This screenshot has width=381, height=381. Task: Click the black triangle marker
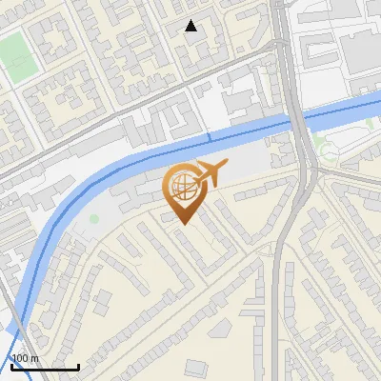[190, 26]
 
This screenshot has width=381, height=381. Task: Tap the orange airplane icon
[209, 173]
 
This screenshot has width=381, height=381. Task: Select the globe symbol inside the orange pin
[183, 186]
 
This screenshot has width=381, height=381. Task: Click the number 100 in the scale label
[21, 358]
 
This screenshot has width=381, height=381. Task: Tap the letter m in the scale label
[34, 358]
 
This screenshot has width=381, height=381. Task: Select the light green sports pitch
[15, 60]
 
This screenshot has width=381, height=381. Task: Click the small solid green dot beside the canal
[94, 219]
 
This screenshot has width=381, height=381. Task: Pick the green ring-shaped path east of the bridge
[330, 150]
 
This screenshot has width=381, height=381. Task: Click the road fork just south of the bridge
[311, 171]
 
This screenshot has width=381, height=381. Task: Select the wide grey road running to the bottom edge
[278, 314]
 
